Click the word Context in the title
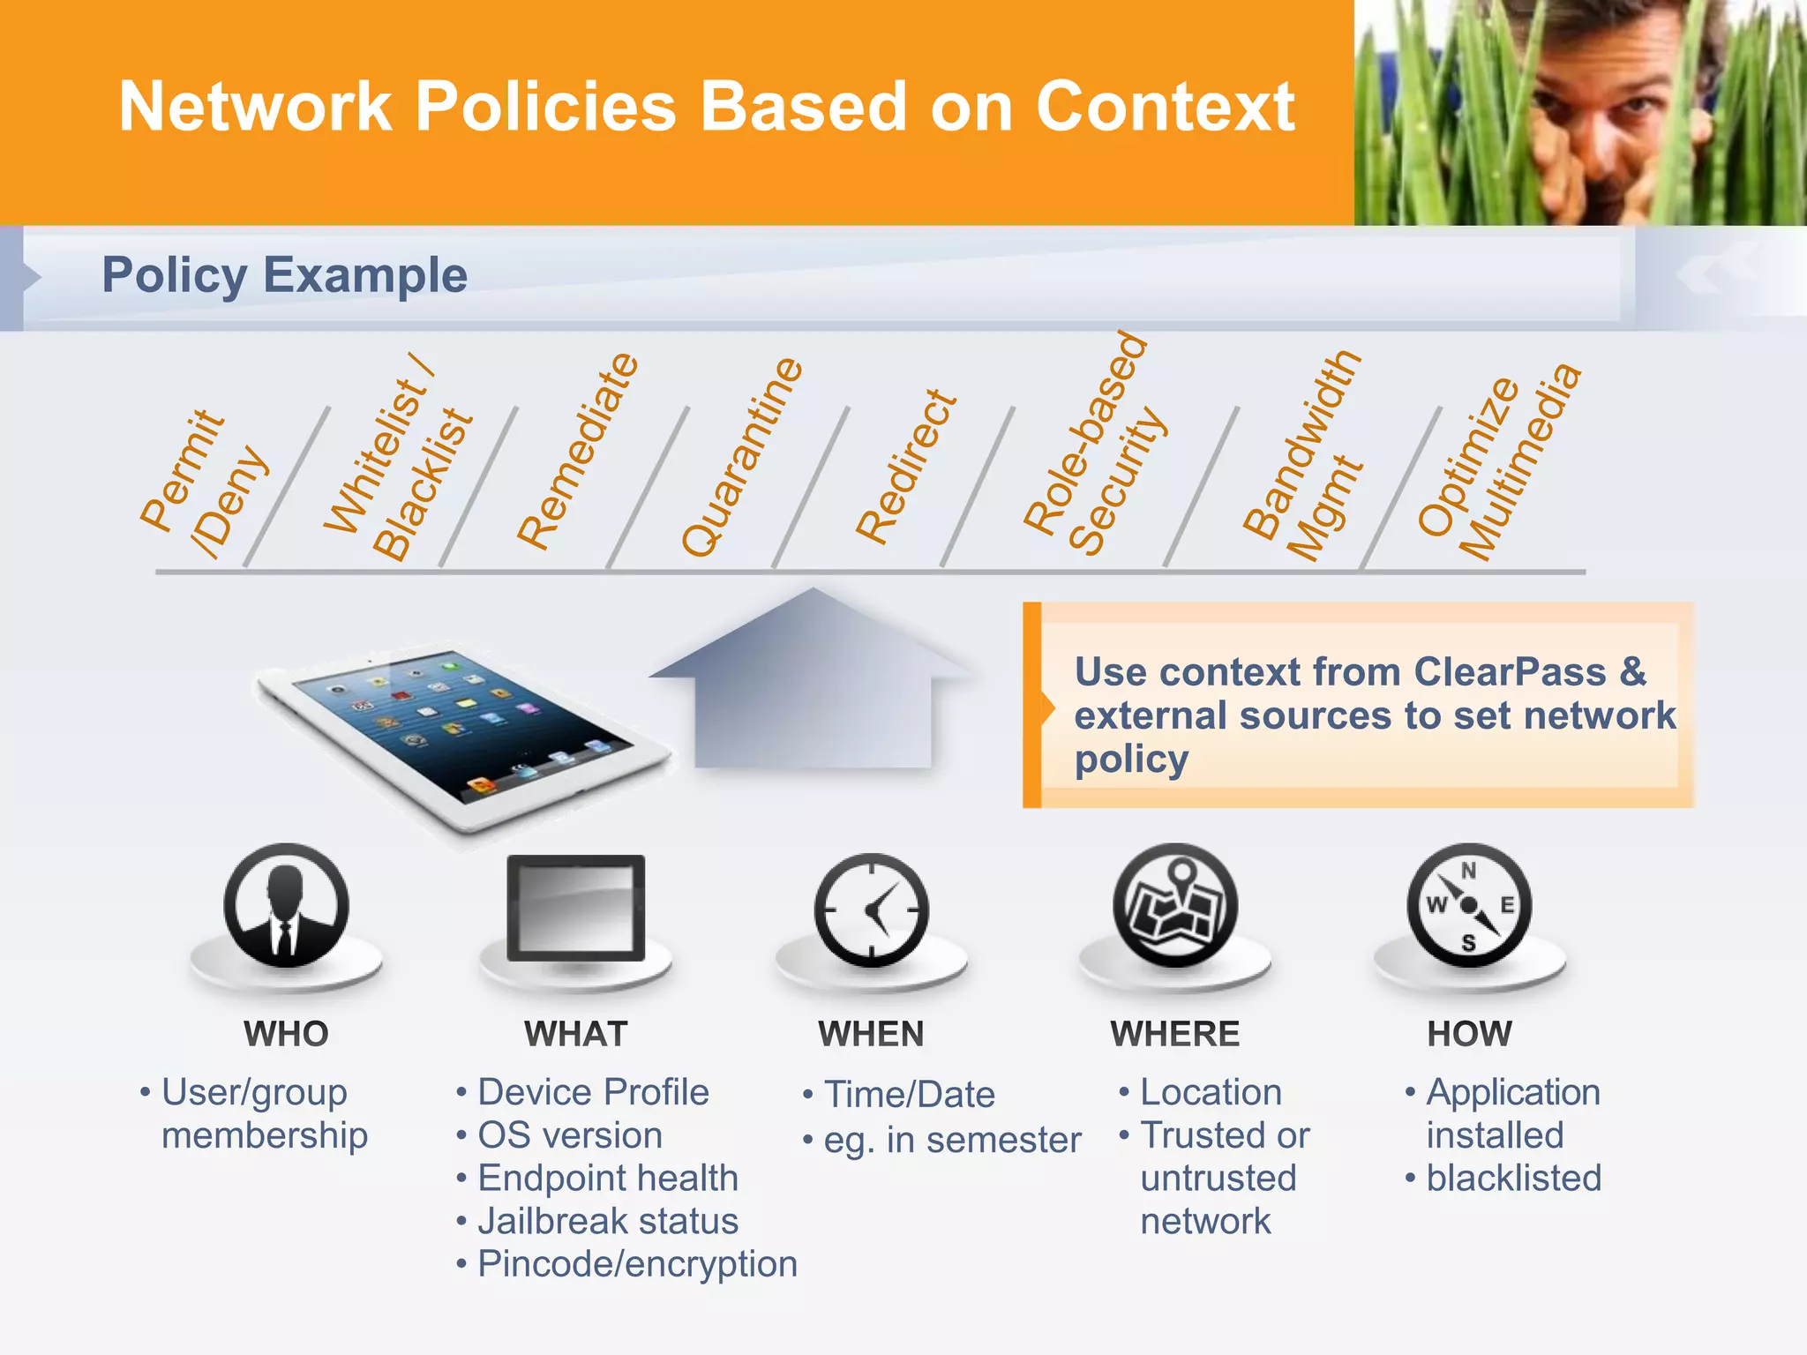point(1165,108)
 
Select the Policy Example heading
point(284,275)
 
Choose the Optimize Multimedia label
point(1498,463)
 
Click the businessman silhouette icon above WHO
point(286,905)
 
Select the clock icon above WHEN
point(871,909)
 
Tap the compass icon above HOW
point(1468,905)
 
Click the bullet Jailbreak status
point(607,1222)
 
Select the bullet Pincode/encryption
point(637,1265)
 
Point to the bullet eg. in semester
point(951,1141)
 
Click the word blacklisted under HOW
point(1513,1179)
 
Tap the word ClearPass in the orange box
point(1509,672)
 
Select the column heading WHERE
point(1174,1034)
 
